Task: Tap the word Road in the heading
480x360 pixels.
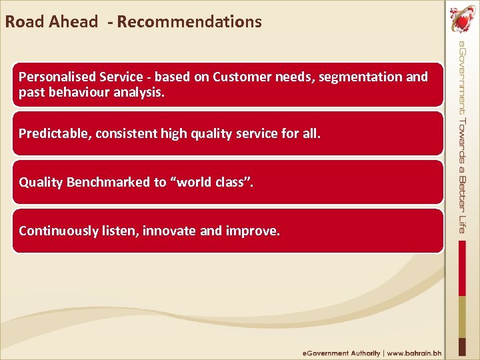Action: (23, 21)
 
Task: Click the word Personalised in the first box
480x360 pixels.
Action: (55, 77)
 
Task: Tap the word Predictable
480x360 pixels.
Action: (55, 133)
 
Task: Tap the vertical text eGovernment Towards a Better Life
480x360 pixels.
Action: (462, 137)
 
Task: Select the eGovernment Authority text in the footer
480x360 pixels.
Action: (341, 353)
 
